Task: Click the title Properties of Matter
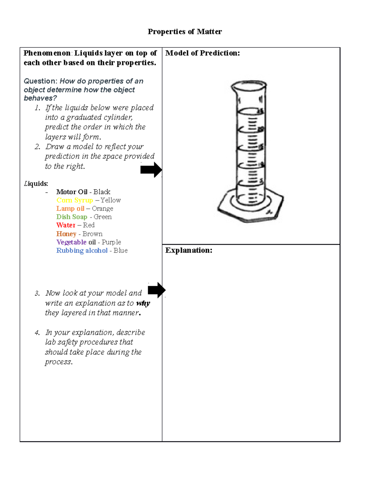click(x=185, y=32)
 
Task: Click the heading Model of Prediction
click(x=202, y=53)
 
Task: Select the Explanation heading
click(x=188, y=250)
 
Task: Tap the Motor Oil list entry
click(x=72, y=192)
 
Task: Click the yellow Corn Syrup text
click(x=74, y=200)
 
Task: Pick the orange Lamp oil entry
click(x=70, y=209)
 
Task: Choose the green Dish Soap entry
click(x=72, y=217)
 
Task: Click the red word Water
click(x=66, y=225)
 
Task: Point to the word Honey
click(x=66, y=234)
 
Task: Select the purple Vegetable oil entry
click(x=76, y=242)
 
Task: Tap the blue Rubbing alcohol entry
click(x=82, y=251)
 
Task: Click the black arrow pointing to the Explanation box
click(x=157, y=290)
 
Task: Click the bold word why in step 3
click(x=143, y=303)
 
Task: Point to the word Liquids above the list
click(x=36, y=184)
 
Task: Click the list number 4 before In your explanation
click(x=37, y=333)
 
